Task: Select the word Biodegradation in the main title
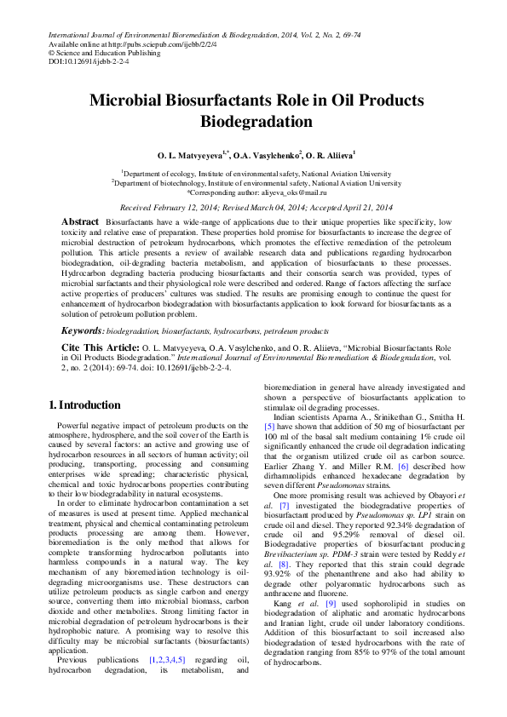253,121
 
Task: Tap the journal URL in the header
157,43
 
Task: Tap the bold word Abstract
80,221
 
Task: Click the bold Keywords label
84,329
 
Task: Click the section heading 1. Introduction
85,404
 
